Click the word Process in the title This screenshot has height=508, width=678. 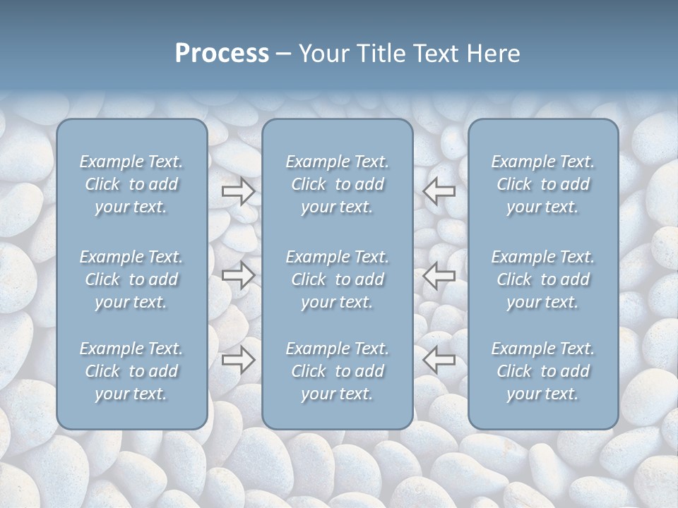pos(222,54)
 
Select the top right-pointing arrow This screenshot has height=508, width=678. pos(239,191)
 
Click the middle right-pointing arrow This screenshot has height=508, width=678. pos(239,275)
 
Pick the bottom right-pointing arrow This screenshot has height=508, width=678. pos(239,360)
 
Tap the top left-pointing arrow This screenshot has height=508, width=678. pos(439,191)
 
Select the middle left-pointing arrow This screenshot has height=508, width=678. pos(439,275)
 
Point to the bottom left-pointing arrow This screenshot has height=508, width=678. pos(439,360)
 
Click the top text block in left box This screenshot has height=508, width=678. pos(131,184)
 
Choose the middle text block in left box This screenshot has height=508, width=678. pos(131,279)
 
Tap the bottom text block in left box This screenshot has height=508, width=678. pos(131,371)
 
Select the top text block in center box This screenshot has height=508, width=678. pos(338,184)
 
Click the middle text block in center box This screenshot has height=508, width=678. pos(338,279)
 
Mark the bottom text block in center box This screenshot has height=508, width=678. pos(338,371)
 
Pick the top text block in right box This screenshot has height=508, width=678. pos(543,184)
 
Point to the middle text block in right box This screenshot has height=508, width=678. pos(543,279)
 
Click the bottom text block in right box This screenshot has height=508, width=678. pos(543,371)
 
